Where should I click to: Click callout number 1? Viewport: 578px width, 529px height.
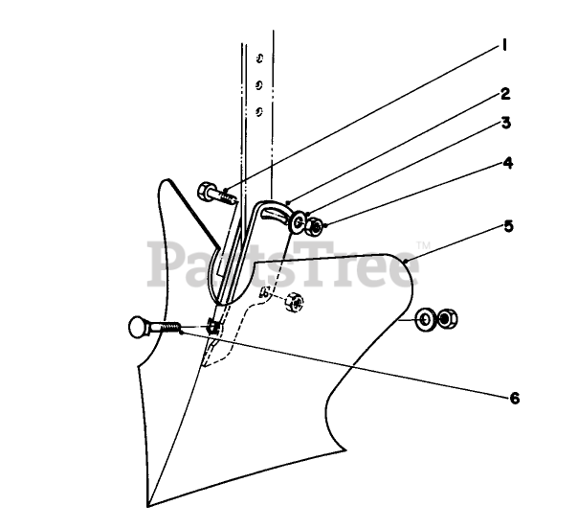[x=503, y=45]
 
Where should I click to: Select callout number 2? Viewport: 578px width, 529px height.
[x=504, y=94]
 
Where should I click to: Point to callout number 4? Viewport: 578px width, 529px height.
[x=508, y=163]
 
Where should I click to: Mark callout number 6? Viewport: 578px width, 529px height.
[x=514, y=396]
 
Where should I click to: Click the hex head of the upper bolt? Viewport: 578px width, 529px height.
[x=209, y=191]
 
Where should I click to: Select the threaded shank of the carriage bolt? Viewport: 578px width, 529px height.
[x=168, y=328]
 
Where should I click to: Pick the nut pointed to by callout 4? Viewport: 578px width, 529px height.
[x=317, y=226]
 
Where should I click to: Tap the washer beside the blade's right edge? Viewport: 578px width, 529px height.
[x=425, y=317]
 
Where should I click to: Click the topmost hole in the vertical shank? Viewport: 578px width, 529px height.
[x=257, y=59]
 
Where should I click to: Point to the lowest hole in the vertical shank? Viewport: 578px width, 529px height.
[x=258, y=110]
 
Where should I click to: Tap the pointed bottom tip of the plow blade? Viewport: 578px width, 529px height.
[x=149, y=503]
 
